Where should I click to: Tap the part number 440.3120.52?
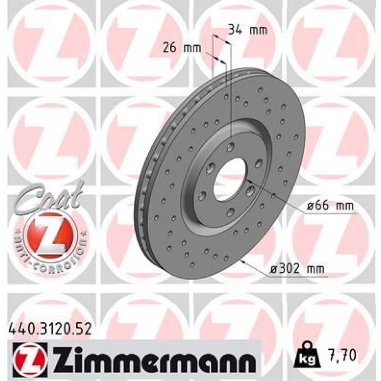(x=50, y=328)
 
